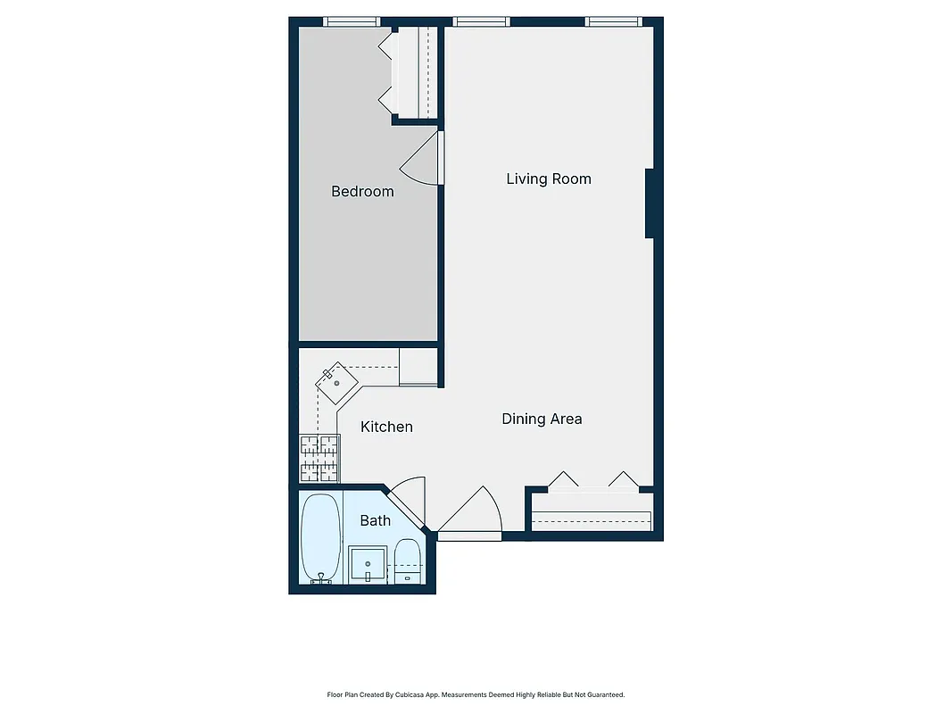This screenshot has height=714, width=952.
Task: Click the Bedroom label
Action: click(x=362, y=191)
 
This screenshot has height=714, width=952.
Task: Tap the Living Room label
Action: click(x=549, y=178)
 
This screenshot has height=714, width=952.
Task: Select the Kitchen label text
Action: click(x=386, y=427)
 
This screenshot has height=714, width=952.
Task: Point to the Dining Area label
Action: click(x=542, y=419)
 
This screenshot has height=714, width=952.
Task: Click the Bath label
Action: click(x=375, y=520)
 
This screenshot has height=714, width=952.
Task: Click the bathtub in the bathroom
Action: click(x=320, y=537)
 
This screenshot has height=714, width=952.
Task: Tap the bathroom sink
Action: click(x=367, y=565)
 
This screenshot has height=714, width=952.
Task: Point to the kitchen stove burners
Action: click(x=319, y=458)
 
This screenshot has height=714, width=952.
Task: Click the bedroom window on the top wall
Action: click(x=351, y=21)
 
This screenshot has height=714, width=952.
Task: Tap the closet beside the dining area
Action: click(x=591, y=516)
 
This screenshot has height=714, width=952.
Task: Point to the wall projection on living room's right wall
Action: click(x=651, y=203)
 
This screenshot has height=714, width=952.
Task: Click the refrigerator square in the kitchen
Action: click(x=417, y=366)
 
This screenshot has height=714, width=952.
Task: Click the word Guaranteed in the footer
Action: click(x=606, y=694)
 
